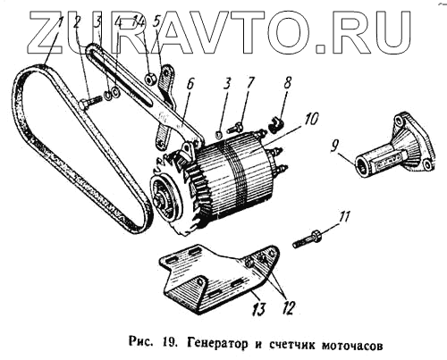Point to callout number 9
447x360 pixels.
(x=335, y=147)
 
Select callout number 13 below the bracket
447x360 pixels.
(x=259, y=309)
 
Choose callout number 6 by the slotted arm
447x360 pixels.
(x=190, y=84)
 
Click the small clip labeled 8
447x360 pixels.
(x=276, y=125)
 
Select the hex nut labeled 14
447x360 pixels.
(x=148, y=79)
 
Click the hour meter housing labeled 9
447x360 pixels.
(x=395, y=147)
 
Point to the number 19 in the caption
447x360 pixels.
(x=170, y=345)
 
